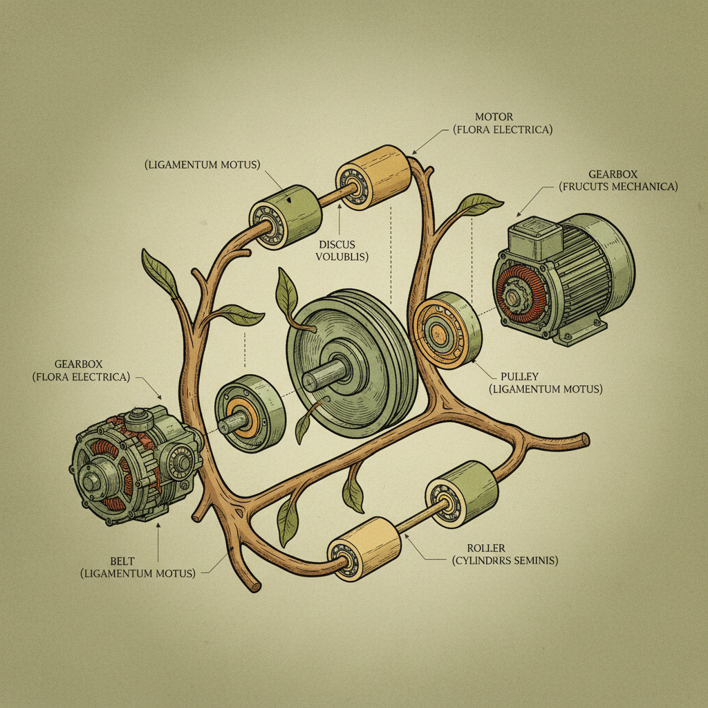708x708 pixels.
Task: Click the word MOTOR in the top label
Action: click(x=493, y=116)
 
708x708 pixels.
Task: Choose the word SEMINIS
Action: click(x=533, y=561)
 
